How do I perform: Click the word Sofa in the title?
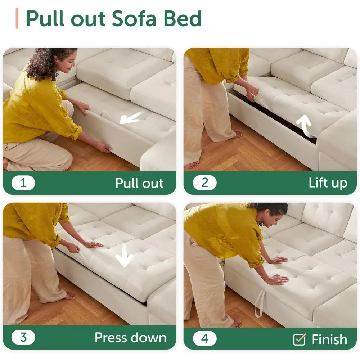coord(134,18)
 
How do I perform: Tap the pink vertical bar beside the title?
coord(17,18)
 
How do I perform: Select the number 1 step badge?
coord(23,183)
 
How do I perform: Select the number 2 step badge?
coord(205,183)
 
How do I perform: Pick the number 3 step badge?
coord(23,338)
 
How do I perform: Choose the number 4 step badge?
coord(205,338)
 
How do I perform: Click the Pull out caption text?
coord(139,183)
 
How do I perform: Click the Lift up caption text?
coord(328,183)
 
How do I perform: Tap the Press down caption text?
coord(131,338)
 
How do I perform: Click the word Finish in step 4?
coord(329,339)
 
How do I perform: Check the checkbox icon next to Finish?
coord(300,339)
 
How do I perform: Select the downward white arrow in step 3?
coord(124,255)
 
